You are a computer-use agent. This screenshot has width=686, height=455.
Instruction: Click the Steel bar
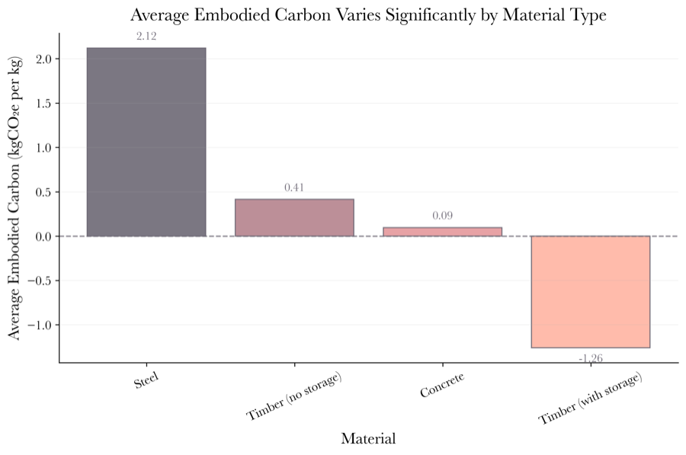(146, 142)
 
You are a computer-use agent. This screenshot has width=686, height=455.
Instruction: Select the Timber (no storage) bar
(294, 217)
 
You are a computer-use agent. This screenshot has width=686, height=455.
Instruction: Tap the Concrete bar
(442, 232)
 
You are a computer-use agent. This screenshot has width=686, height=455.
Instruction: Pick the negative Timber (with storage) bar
(590, 291)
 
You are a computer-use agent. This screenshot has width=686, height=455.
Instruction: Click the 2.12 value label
(146, 37)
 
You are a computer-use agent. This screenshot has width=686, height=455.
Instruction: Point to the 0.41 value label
(294, 187)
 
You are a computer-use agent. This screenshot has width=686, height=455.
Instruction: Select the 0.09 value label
(442, 216)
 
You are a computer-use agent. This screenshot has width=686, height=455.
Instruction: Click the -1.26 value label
(590, 358)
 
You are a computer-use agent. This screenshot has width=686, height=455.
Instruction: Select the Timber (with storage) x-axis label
(589, 399)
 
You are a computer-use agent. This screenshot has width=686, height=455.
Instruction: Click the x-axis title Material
(368, 439)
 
